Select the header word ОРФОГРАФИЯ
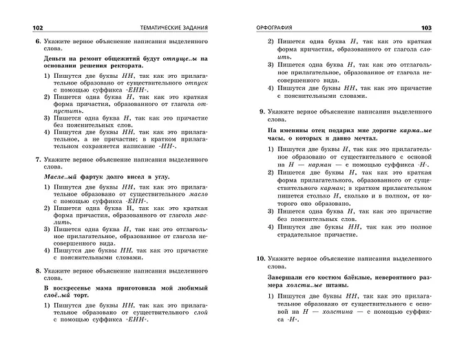(x=275, y=28)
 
